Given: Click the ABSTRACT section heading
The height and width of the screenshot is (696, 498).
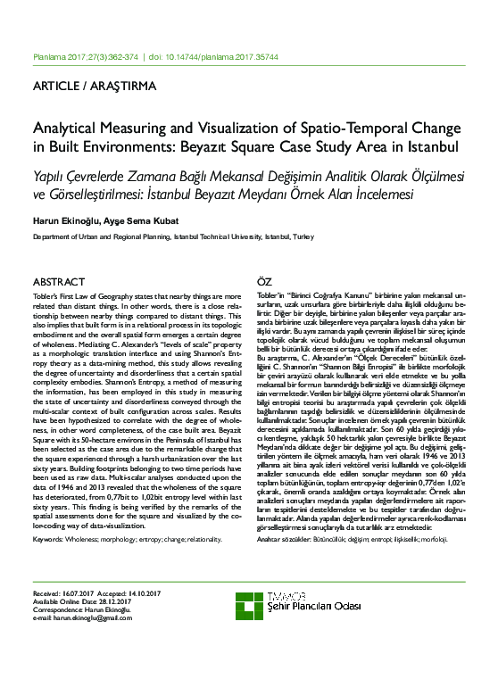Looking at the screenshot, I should pyautogui.click(x=59, y=281).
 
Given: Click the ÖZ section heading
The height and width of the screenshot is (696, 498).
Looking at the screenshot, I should pyautogui.click(x=265, y=281).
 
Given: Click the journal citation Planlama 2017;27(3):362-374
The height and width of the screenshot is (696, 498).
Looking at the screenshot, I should pyautogui.click(x=85, y=55).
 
